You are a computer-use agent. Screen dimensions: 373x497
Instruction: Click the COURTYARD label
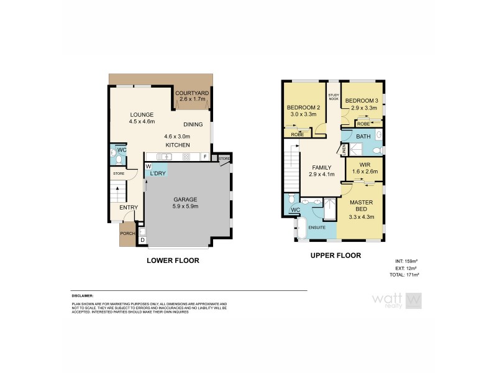point(193,93)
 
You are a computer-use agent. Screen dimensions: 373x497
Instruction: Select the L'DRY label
point(158,173)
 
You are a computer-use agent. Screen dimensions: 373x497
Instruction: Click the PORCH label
point(127,234)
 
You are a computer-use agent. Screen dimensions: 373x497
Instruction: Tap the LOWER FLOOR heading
point(173,261)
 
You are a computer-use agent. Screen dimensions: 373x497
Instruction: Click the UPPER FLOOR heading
point(335,256)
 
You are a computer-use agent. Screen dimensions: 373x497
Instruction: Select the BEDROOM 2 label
point(303,108)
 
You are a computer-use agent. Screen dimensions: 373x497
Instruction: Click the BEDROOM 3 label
point(361,101)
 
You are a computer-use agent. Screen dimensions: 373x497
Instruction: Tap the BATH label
point(364,136)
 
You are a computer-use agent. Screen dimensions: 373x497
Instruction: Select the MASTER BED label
point(360,206)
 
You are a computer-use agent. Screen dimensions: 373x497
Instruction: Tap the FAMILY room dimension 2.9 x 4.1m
point(322,175)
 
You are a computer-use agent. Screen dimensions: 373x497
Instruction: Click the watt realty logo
point(396,301)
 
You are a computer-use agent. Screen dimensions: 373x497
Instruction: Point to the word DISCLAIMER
point(82,297)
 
